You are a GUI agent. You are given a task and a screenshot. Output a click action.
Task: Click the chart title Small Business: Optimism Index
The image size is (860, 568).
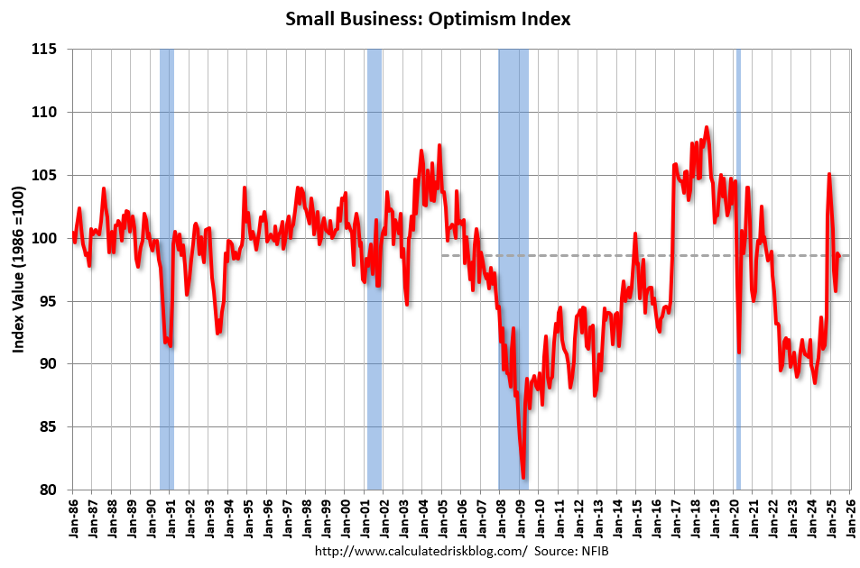[429, 18]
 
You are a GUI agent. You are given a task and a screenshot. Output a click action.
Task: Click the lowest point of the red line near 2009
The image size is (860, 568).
[524, 477]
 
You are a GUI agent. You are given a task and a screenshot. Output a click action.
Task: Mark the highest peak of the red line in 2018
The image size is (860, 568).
[707, 127]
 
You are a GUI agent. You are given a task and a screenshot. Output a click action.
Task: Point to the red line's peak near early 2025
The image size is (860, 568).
[828, 174]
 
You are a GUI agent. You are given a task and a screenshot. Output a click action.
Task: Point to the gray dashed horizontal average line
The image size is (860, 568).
[632, 256]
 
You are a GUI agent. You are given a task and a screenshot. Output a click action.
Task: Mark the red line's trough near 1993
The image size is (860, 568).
[218, 333]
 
